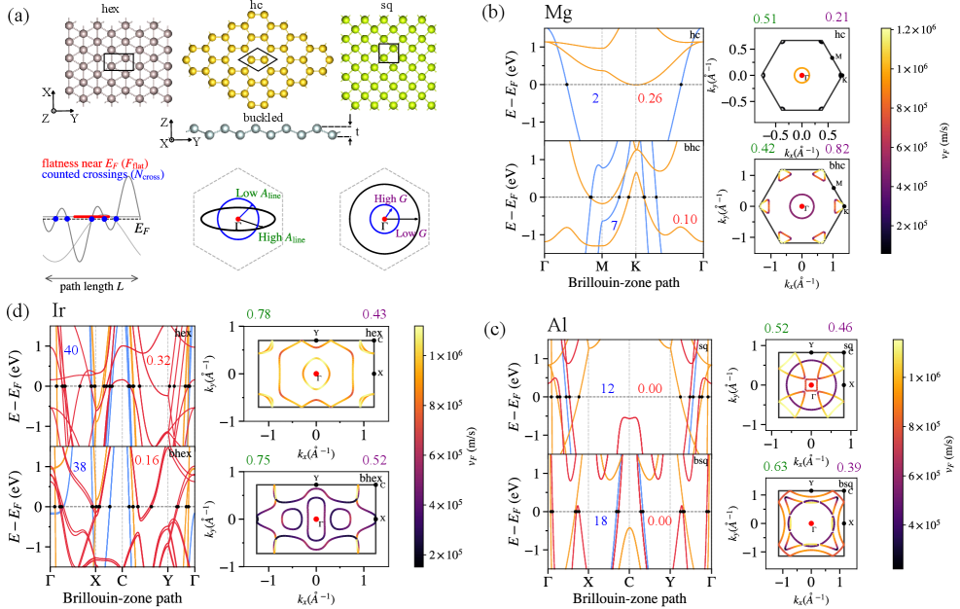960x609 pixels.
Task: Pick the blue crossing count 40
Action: click(x=70, y=349)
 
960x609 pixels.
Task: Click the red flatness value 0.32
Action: click(x=159, y=361)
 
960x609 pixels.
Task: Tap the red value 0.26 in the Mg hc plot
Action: click(x=649, y=99)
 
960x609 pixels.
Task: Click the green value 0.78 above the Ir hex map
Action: click(x=259, y=313)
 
